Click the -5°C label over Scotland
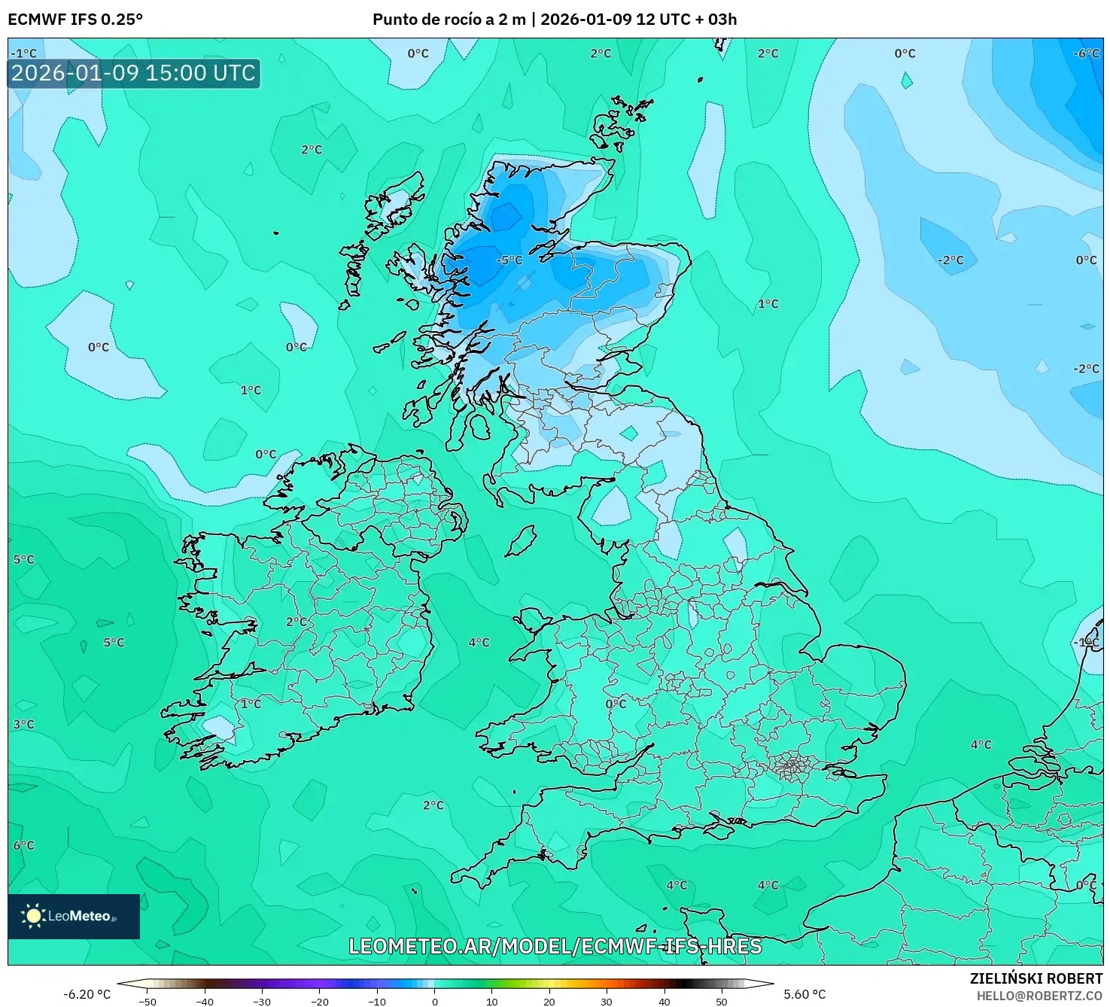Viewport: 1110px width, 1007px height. pyautogui.click(x=509, y=260)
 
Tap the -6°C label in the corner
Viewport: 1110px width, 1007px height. pyautogui.click(x=1087, y=53)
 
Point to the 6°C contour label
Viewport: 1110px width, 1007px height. pyautogui.click(x=23, y=845)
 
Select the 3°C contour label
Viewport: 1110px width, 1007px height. pyautogui.click(x=23, y=725)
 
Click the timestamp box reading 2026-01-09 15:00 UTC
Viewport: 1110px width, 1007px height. pyautogui.click(x=134, y=73)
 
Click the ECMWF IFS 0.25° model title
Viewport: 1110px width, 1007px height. pyautogui.click(x=75, y=20)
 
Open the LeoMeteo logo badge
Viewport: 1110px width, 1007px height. pyautogui.click(x=74, y=916)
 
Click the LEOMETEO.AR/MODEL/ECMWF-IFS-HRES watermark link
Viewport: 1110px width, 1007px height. pyautogui.click(x=555, y=946)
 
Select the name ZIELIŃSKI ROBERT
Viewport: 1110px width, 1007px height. pyautogui.click(x=1035, y=978)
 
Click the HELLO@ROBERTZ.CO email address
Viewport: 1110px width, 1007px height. pyautogui.click(x=1039, y=996)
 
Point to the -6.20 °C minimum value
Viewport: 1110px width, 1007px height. pyautogui.click(x=87, y=994)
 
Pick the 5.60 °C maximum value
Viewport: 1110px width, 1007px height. pyautogui.click(x=804, y=994)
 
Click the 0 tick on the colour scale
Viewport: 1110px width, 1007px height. pyautogui.click(x=435, y=1002)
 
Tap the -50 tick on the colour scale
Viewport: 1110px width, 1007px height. pyautogui.click(x=147, y=1002)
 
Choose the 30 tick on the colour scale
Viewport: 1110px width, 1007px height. pyautogui.click(x=607, y=1002)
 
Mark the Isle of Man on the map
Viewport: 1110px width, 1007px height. pyautogui.click(x=520, y=541)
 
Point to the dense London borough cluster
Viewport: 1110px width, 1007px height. pyautogui.click(x=792, y=768)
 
